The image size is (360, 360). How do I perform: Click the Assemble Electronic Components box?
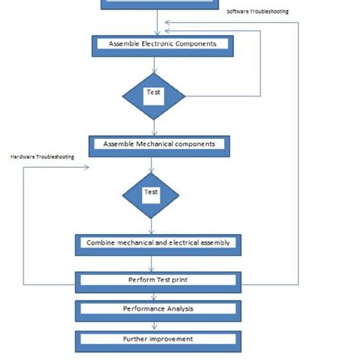162,45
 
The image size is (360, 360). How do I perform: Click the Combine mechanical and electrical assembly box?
158,244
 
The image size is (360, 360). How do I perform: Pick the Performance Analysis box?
158,310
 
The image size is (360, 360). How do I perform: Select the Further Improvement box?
158,339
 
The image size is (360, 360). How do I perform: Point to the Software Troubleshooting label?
257,11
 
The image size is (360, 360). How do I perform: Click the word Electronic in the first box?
158,44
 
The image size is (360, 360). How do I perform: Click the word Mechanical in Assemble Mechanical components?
156,144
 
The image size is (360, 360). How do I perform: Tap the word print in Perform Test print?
178,280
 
